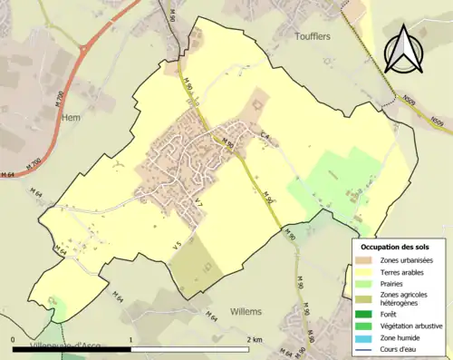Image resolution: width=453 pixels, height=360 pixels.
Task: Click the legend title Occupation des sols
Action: (x=396, y=247)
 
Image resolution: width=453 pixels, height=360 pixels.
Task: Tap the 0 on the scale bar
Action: (x=14, y=339)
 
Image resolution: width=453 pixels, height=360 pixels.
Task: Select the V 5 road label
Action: (x=178, y=242)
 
